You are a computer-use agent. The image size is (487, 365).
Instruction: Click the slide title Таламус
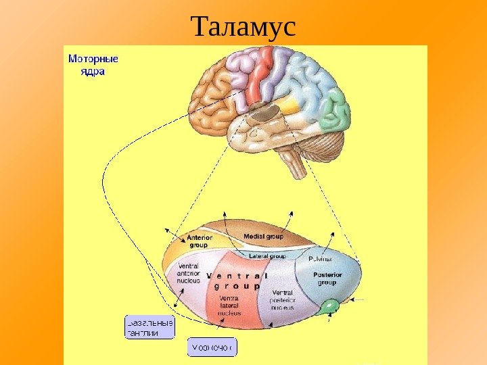click(243, 28)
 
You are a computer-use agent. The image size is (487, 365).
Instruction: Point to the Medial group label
click(263, 237)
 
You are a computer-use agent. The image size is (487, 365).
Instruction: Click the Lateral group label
click(267, 256)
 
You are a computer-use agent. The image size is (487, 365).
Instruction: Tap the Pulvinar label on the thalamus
click(320, 259)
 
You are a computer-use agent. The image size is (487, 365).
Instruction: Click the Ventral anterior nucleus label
click(188, 273)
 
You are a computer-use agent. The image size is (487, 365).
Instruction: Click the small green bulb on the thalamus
click(330, 306)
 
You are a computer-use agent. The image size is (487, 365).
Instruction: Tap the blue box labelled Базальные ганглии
click(149, 327)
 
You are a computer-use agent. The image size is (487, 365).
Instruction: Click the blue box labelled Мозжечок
click(211, 347)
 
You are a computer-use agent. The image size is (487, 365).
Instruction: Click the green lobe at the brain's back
click(334, 111)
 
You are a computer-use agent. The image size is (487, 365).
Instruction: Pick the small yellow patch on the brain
click(289, 105)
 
